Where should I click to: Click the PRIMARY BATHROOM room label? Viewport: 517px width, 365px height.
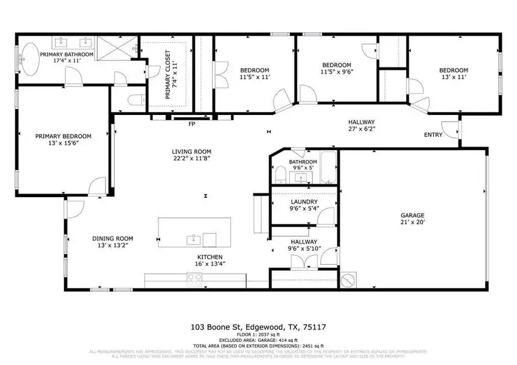pos(66,54)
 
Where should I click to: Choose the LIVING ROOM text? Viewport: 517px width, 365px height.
pos(191,151)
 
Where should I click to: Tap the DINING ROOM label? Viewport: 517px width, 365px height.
pos(112,238)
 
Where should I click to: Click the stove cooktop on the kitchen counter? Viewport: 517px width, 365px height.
pos(195,280)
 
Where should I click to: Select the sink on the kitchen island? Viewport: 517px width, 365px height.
pos(193,238)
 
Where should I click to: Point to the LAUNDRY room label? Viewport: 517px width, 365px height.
pos(303,201)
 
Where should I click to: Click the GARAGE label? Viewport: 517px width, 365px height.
pos(412,215)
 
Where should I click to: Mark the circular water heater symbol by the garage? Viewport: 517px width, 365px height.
pos(349,280)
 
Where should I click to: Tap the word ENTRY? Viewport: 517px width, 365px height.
pos(434,134)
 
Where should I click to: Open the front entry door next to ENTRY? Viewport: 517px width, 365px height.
pos(451,130)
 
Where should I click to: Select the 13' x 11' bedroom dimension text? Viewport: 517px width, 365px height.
pos(454,77)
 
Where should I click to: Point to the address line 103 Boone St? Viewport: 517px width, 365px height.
pos(258,327)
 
